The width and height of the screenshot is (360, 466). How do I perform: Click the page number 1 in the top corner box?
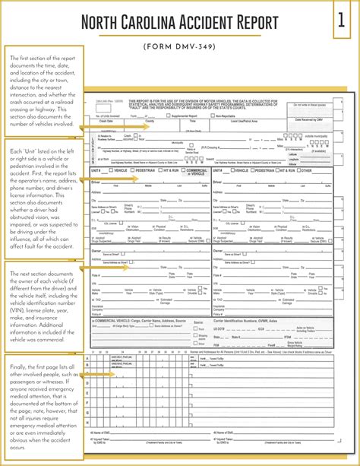click(x=340, y=21)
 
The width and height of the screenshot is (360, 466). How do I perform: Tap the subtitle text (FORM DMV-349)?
click(x=180, y=45)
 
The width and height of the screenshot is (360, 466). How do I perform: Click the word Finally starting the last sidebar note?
click(x=22, y=366)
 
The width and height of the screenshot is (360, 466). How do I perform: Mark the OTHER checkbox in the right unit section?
click(x=298, y=170)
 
